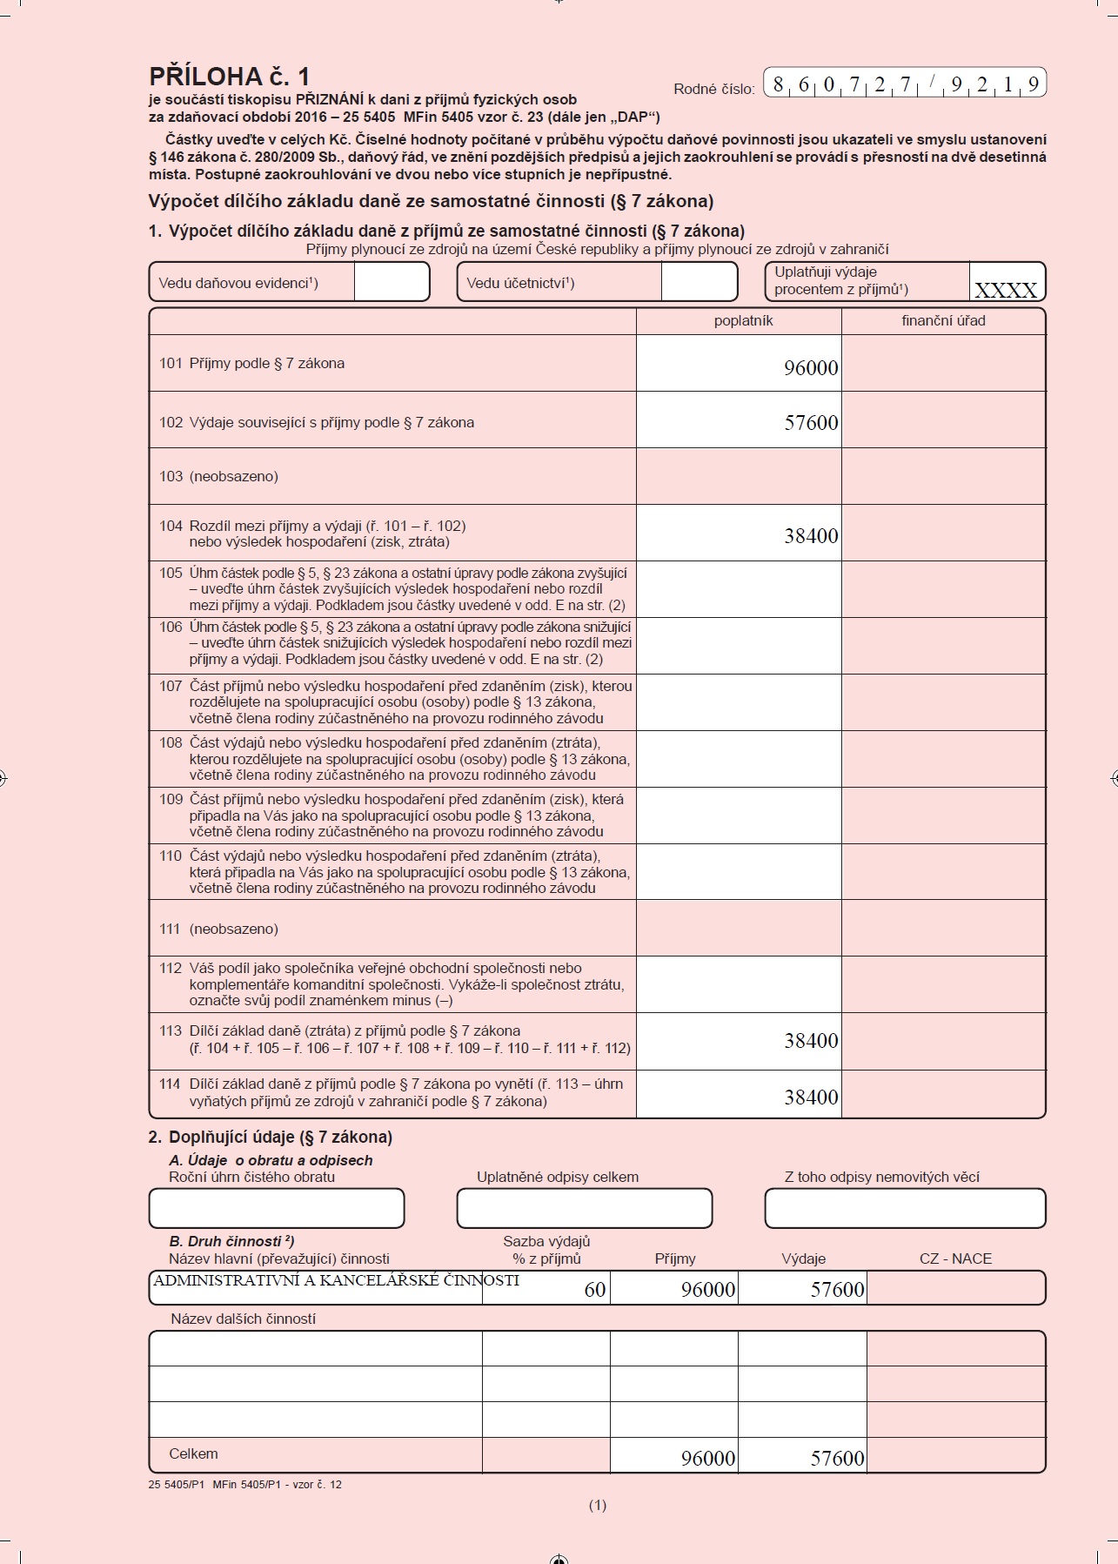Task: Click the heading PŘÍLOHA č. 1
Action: pyautogui.click(x=230, y=77)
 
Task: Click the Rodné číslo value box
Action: pyautogui.click(x=905, y=84)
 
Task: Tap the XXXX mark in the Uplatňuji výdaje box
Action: pyautogui.click(x=1006, y=290)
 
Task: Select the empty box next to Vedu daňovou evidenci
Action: pyautogui.click(x=392, y=282)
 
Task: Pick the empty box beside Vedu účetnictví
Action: pyautogui.click(x=699, y=282)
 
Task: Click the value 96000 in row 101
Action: pyautogui.click(x=811, y=368)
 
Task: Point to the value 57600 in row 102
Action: pyautogui.click(x=811, y=423)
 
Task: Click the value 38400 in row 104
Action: pyautogui.click(x=811, y=536)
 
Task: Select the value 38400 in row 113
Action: pyautogui.click(x=811, y=1041)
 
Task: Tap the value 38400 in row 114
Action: pyautogui.click(x=811, y=1097)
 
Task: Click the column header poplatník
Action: pyautogui.click(x=743, y=321)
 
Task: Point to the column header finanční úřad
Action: pyautogui.click(x=943, y=321)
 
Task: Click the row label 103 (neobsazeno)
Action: pyautogui.click(x=218, y=477)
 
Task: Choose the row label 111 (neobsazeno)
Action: pyautogui.click(x=218, y=930)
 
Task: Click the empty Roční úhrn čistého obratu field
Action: pyautogui.click(x=277, y=1208)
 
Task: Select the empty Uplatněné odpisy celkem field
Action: pyautogui.click(x=584, y=1208)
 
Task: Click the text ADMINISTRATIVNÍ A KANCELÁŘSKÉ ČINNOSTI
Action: pyautogui.click(x=336, y=1280)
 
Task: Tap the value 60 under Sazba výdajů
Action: pyautogui.click(x=595, y=1290)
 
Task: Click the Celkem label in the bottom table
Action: pyautogui.click(x=193, y=1453)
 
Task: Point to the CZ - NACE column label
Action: pyautogui.click(x=955, y=1259)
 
